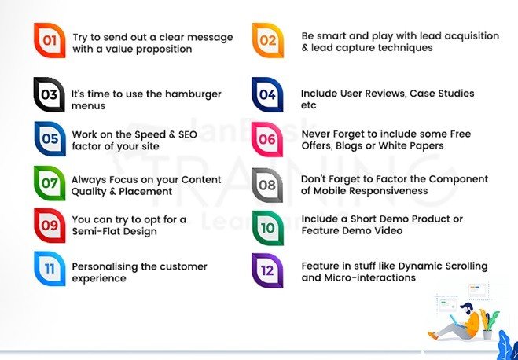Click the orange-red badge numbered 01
click(x=50, y=40)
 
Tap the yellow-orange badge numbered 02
click(x=268, y=40)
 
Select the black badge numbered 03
click(x=50, y=94)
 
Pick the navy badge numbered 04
click(x=267, y=94)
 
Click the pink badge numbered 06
click(x=267, y=139)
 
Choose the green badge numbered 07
click(x=50, y=183)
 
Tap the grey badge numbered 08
click(x=267, y=186)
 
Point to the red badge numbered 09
click(x=50, y=226)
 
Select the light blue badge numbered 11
click(x=50, y=269)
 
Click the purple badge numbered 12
click(x=267, y=270)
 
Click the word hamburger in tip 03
click(x=193, y=95)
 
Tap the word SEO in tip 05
click(x=188, y=134)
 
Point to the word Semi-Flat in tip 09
click(x=94, y=231)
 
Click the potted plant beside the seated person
click(x=489, y=325)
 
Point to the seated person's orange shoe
click(x=433, y=335)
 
